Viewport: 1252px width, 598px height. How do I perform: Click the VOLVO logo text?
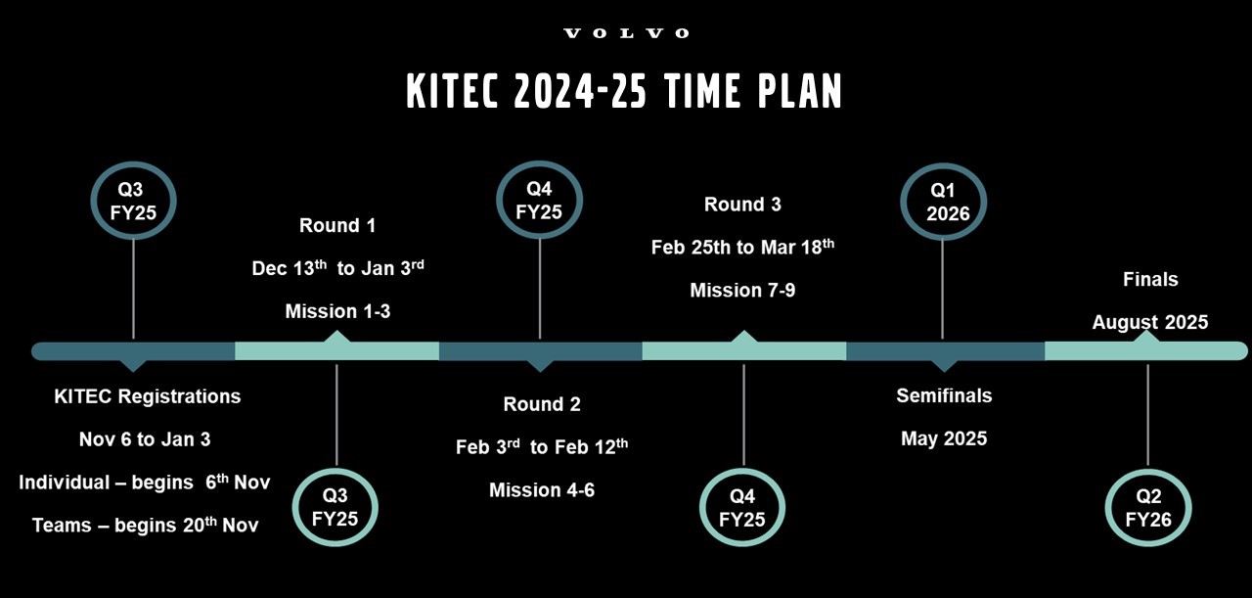click(626, 33)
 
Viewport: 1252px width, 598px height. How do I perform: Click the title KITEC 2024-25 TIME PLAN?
click(624, 91)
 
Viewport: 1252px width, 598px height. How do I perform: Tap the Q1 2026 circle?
click(942, 202)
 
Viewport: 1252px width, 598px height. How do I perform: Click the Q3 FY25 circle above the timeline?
click(132, 201)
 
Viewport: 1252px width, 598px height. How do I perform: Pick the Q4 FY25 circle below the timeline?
click(742, 509)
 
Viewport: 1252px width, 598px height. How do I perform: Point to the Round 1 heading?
click(336, 226)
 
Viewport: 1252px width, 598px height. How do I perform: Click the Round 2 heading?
click(541, 404)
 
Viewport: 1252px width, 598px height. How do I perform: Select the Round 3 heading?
click(742, 205)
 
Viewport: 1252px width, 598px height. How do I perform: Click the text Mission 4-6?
click(541, 489)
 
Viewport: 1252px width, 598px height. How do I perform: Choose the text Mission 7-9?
click(742, 291)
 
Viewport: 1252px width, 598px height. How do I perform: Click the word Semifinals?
click(944, 395)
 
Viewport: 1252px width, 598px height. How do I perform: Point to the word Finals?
click(1149, 280)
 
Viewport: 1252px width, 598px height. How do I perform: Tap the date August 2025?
click(1149, 322)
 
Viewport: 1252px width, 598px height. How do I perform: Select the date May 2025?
click(944, 438)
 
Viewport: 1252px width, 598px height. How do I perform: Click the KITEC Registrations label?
click(147, 396)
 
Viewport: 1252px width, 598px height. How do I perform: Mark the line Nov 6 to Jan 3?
click(145, 439)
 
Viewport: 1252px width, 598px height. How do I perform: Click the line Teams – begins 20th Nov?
click(145, 525)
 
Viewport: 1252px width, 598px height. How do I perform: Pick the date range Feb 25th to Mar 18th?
click(742, 247)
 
